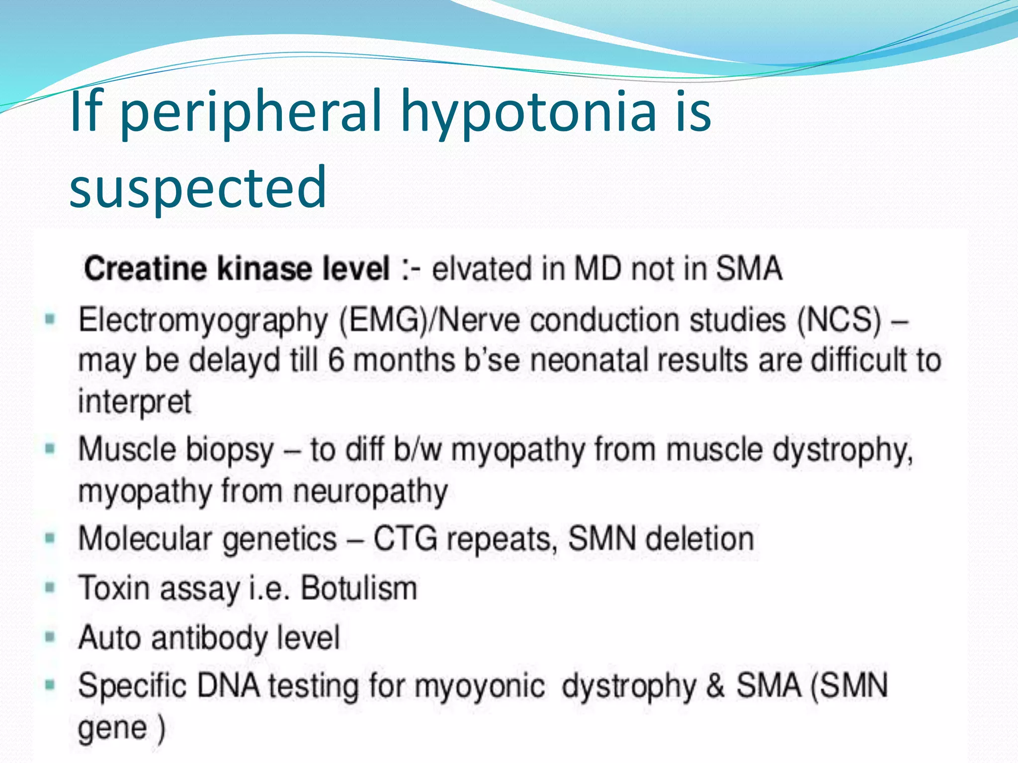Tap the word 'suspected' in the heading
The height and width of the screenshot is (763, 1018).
[x=198, y=187]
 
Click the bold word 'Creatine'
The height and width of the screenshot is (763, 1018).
[x=145, y=269]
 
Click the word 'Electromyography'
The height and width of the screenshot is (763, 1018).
[x=203, y=320]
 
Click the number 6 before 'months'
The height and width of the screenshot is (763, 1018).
[x=336, y=360]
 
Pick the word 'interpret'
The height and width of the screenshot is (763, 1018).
[x=134, y=401]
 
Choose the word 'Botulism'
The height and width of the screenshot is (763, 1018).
[x=359, y=588]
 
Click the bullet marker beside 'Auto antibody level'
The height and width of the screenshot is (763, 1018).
[x=50, y=636]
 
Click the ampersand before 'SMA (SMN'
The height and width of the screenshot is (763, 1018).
[x=715, y=686]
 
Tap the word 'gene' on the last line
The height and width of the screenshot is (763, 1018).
[x=112, y=728]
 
